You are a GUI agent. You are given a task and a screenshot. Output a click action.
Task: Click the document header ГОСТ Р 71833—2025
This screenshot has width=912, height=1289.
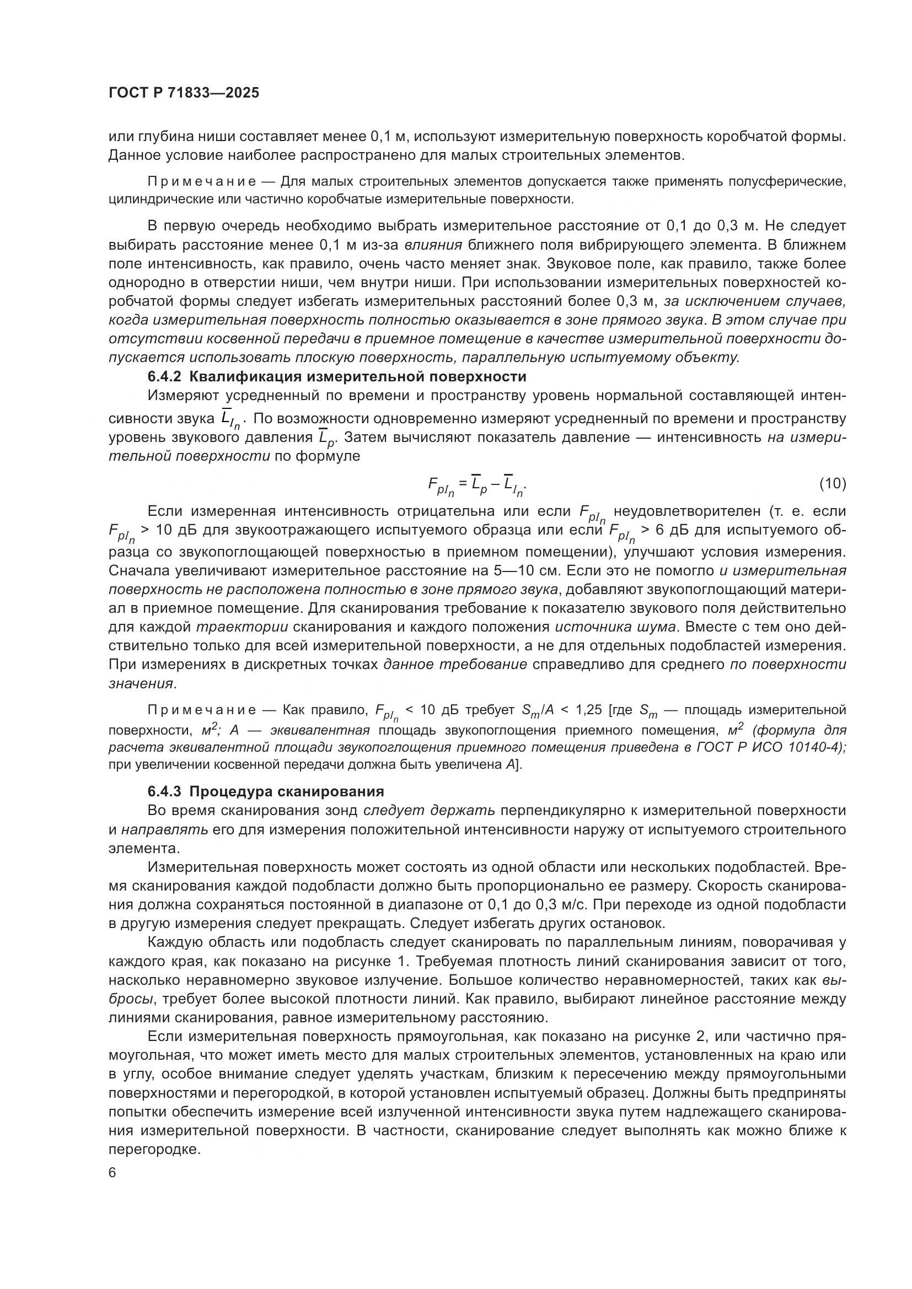[184, 93]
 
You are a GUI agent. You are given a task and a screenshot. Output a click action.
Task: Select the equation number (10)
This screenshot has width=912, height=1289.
[832, 483]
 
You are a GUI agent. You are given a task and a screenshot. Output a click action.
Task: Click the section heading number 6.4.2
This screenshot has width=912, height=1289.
[164, 376]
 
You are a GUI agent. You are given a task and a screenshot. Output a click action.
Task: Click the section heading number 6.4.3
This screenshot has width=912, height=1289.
[164, 791]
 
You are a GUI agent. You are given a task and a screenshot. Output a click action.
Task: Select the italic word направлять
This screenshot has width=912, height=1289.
[164, 829]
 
